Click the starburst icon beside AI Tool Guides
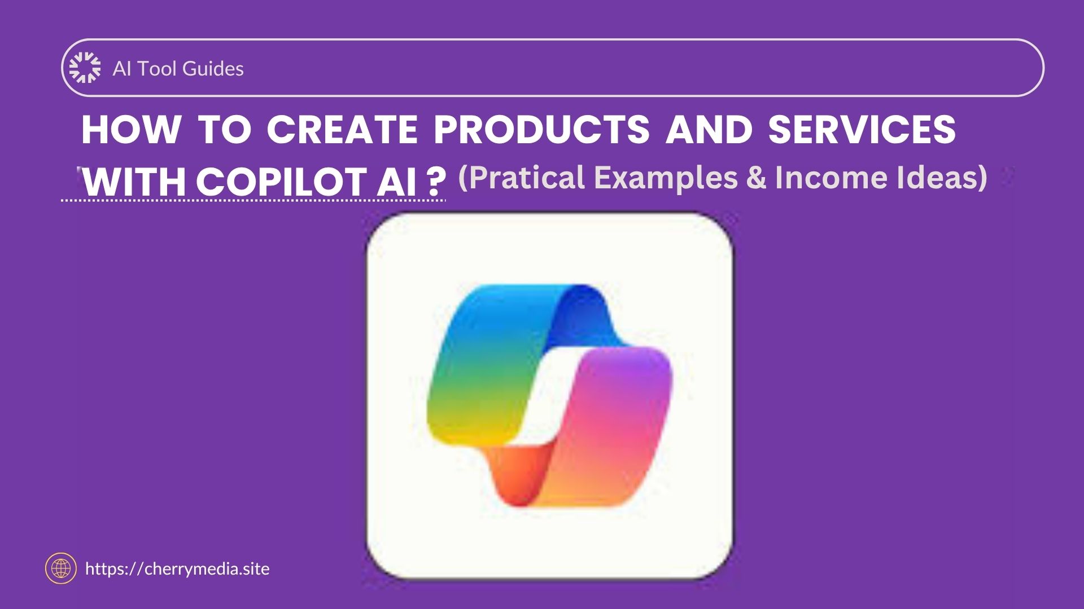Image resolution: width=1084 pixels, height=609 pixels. click(85, 68)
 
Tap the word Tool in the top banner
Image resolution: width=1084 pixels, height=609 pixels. click(158, 69)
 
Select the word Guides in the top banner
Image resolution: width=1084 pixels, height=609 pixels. click(213, 69)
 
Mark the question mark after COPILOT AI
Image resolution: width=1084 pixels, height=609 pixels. click(433, 182)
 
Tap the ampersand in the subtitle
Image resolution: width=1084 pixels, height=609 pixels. click(756, 178)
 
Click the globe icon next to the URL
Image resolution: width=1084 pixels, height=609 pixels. click(60, 568)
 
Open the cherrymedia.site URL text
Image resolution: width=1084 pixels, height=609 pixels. click(177, 569)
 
